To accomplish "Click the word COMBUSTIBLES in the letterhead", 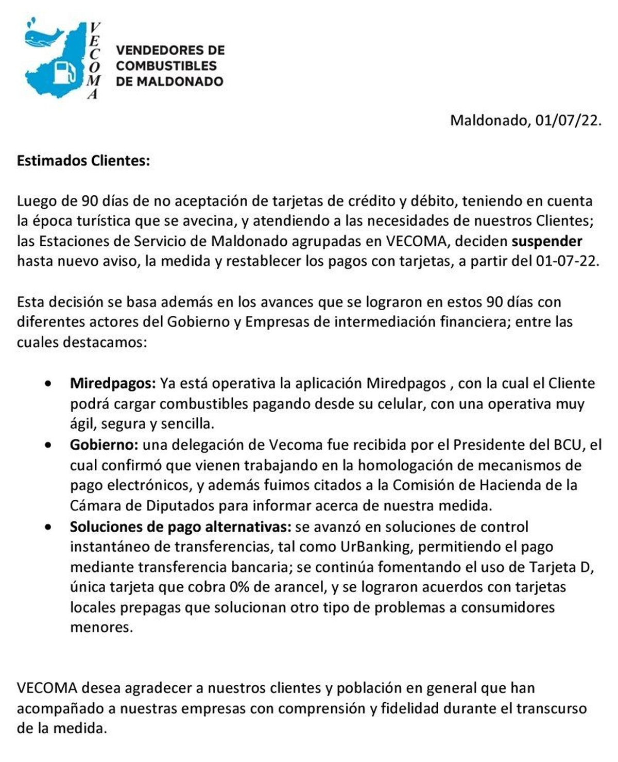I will coord(166,66).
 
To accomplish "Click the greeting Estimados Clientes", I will coord(83,161).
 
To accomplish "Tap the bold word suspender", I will coord(547,241).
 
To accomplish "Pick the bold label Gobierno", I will coord(104,445).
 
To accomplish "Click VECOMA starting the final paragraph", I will coord(47,688).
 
